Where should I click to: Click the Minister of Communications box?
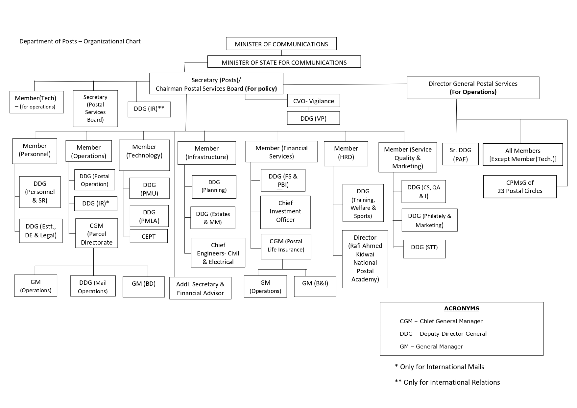[x=281, y=44]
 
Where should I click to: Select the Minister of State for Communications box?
[x=284, y=62]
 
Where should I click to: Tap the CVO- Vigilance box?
[x=313, y=101]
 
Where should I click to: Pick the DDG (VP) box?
[x=313, y=118]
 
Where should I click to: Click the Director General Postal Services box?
[x=473, y=88]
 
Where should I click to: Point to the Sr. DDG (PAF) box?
[x=460, y=154]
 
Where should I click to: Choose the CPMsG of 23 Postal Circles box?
[x=519, y=187]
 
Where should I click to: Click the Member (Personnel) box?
[x=35, y=151]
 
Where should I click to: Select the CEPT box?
[x=149, y=236]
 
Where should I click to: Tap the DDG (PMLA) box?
[x=149, y=216]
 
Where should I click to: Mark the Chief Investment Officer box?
[x=285, y=212]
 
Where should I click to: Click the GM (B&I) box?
[x=315, y=286]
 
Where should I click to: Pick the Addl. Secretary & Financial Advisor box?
[x=200, y=288]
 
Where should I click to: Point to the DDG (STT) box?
[x=424, y=249]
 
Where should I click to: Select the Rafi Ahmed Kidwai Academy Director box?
[x=365, y=258]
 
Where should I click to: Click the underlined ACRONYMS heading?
[x=461, y=308]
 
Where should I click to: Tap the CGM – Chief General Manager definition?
[x=441, y=321]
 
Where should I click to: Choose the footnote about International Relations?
[x=447, y=382]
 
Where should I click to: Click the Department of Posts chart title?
[x=80, y=41]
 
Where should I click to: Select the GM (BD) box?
[x=143, y=286]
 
